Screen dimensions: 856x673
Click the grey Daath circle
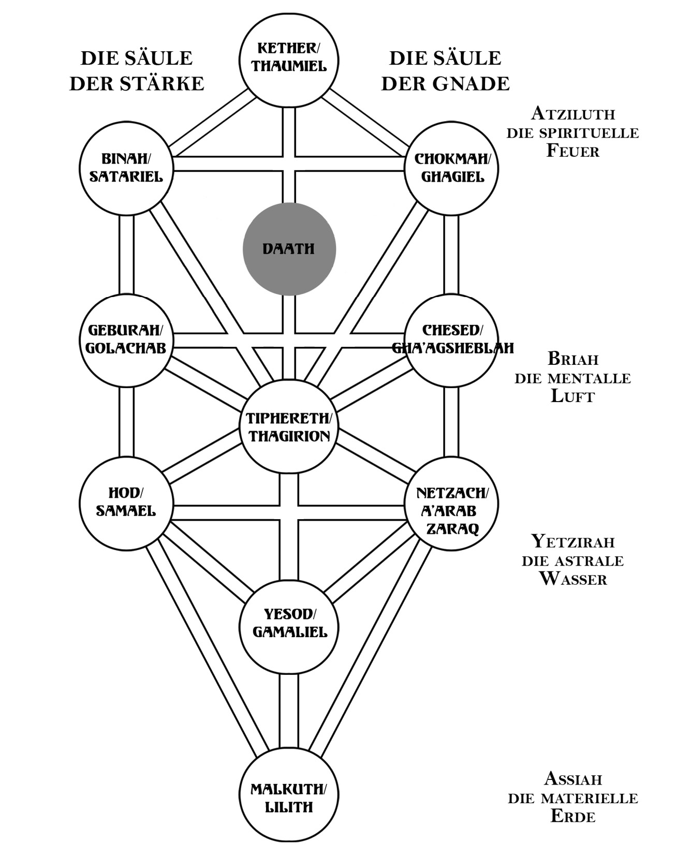tap(289, 249)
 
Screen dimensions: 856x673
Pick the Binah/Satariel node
tap(126, 168)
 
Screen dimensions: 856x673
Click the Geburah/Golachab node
tap(126, 340)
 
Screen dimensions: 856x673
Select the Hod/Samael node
tap(126, 503)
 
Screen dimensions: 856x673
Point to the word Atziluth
tap(573, 113)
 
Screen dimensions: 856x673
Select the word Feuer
tap(573, 151)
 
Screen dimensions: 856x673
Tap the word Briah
tap(573, 359)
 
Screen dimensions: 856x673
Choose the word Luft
tap(572, 396)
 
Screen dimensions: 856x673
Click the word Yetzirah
tap(573, 542)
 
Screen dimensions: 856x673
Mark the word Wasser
tap(573, 579)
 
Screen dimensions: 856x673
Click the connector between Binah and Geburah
tap(126, 255)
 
